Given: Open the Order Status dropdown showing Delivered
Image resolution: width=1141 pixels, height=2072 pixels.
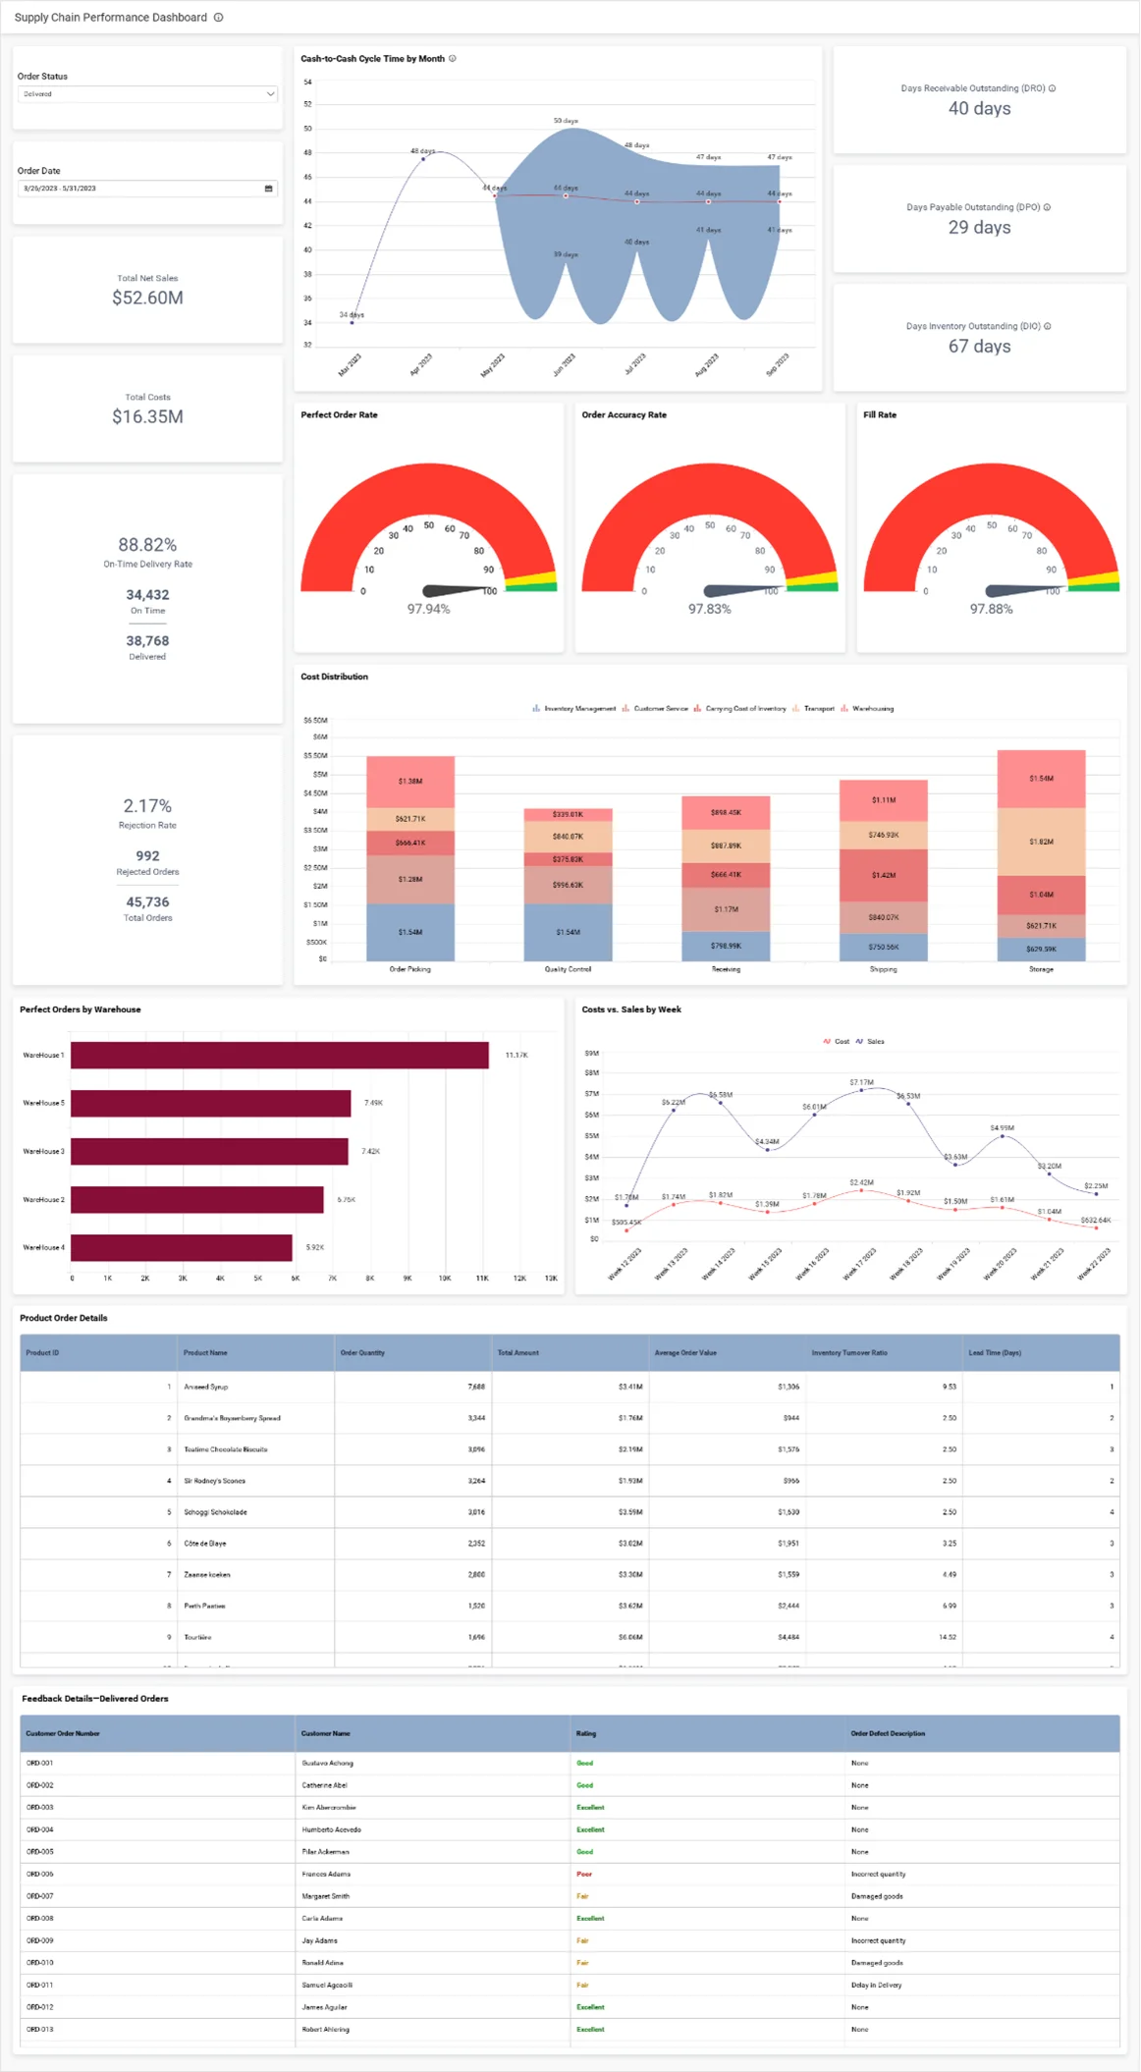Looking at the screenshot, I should pos(147,94).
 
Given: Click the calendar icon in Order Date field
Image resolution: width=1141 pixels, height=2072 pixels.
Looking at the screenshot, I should pos(268,189).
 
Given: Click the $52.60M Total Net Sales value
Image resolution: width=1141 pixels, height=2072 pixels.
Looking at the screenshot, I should pos(147,298).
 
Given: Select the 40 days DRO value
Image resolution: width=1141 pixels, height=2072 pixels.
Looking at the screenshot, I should pos(979,109).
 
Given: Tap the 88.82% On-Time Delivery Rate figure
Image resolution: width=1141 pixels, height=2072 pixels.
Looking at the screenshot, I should pos(147,545).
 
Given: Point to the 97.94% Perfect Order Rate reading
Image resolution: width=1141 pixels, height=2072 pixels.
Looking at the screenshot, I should pos(428,609).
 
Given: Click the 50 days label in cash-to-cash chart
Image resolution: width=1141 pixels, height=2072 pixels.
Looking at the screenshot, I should pos(566,121).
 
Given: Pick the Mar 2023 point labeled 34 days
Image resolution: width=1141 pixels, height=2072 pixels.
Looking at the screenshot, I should pos(353,322).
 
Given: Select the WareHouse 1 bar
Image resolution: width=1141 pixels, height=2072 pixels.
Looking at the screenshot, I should pos(280,1055).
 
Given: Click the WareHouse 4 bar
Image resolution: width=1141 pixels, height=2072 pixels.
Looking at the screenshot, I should pos(182,1247).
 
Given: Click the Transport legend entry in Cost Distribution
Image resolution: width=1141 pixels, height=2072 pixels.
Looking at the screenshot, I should pos(818,708).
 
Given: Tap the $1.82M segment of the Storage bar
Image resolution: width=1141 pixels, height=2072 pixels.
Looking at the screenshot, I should pos(1041,842).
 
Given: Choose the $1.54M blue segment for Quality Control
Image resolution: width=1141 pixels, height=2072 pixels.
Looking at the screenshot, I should pos(568,932).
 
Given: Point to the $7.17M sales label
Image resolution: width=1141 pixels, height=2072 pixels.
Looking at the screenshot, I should pos(861,1082).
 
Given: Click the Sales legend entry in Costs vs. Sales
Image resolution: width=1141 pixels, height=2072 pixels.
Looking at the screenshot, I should pos(874,1041).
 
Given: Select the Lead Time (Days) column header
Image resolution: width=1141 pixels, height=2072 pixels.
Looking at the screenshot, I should pos(995,1352).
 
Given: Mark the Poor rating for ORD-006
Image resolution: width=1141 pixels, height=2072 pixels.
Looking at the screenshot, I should pos(584,1874).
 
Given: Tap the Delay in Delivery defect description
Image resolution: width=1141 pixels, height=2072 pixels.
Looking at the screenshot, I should pos(876,1985).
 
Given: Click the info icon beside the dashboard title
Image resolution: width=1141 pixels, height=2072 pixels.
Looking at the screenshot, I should pos(219,18).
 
